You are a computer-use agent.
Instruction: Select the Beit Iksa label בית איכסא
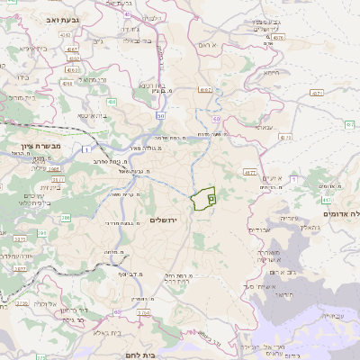(93, 115)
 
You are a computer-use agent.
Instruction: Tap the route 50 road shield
(160, 115)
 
